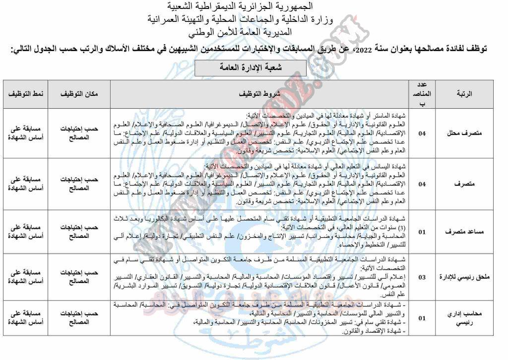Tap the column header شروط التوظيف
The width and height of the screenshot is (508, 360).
[259, 94]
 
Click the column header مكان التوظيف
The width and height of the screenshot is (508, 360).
[79, 94]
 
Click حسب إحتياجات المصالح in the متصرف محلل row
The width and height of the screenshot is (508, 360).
[79, 133]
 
